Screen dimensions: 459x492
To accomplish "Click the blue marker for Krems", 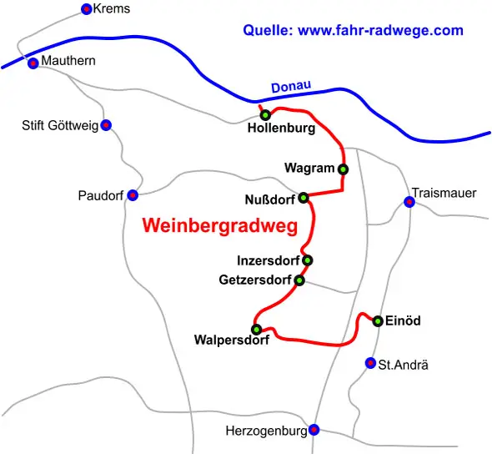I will [x=86, y=9].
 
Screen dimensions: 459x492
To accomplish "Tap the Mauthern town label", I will [x=68, y=61].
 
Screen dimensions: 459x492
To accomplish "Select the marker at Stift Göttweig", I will [x=106, y=125].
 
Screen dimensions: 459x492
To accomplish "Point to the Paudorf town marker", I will [x=133, y=195].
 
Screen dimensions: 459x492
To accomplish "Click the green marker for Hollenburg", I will [x=265, y=115].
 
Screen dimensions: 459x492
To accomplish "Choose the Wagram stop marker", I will [x=343, y=169].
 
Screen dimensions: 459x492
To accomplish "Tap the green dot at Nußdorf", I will [x=304, y=198].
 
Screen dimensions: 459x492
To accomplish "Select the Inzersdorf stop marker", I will [x=308, y=260].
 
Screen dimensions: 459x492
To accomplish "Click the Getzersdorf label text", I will [x=255, y=280].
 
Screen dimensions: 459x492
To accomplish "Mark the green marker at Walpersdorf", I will [x=256, y=329].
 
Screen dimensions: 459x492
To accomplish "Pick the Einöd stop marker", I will [x=378, y=321].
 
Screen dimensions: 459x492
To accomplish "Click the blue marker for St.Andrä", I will [x=370, y=363].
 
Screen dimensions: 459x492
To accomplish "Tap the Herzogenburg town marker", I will [x=314, y=431].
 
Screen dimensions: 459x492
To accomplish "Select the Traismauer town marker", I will [x=409, y=201].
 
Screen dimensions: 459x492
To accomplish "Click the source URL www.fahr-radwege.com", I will [x=380, y=31].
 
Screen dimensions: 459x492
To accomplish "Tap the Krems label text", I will [x=112, y=9].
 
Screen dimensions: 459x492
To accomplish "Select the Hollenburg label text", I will [x=281, y=129].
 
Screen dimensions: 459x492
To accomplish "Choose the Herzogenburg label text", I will [x=266, y=431].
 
